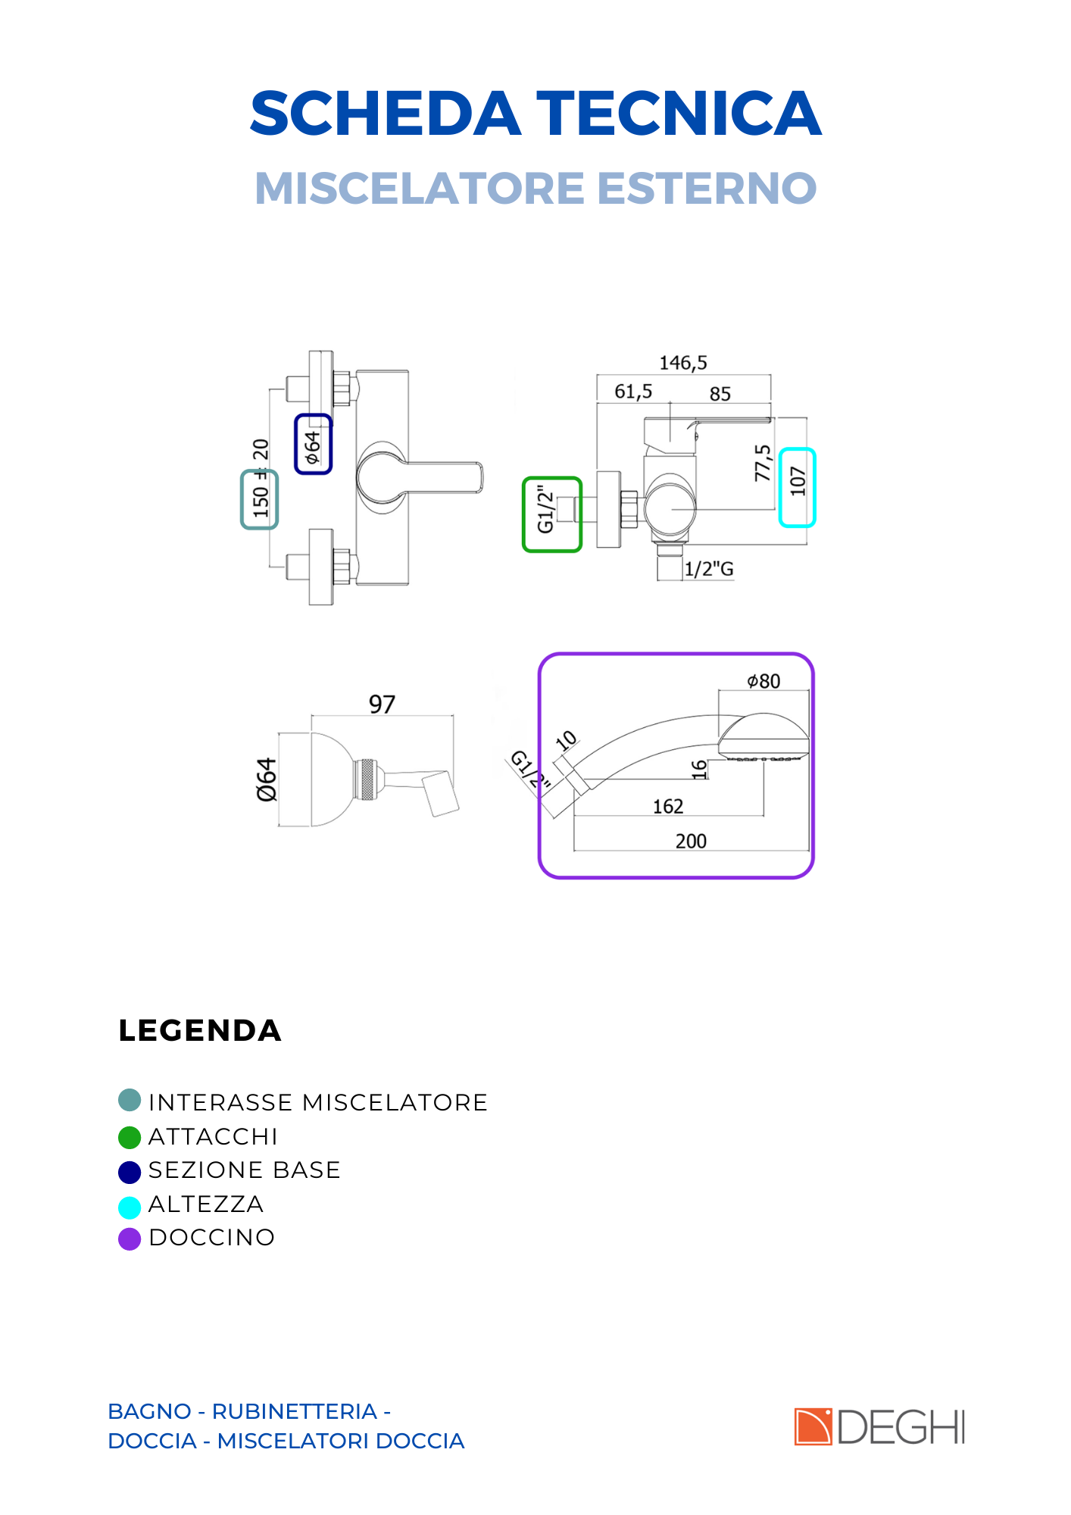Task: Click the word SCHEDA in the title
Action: (x=386, y=114)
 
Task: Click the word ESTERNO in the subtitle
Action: (x=707, y=188)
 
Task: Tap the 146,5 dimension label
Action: (x=683, y=363)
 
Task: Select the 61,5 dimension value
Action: (x=633, y=392)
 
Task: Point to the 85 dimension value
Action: (x=720, y=394)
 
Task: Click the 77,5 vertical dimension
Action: (x=763, y=463)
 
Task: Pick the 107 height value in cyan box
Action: (x=798, y=482)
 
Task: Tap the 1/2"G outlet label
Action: (x=709, y=569)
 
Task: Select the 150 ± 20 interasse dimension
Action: (x=261, y=478)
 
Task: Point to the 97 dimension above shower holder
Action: (x=382, y=704)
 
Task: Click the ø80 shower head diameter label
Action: (x=763, y=681)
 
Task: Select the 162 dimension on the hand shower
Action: (x=668, y=807)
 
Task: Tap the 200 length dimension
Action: (x=691, y=841)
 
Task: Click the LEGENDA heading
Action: (x=200, y=1031)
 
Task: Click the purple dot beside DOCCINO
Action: (x=130, y=1239)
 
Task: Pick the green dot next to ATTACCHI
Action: (x=130, y=1138)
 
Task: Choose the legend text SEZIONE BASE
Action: (x=245, y=1170)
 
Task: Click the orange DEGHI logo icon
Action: (x=813, y=1427)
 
